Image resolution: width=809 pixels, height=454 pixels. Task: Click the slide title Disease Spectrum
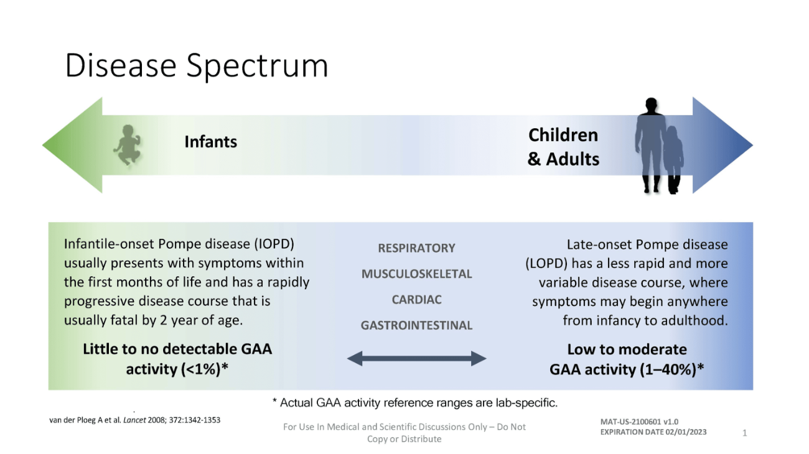[x=197, y=66]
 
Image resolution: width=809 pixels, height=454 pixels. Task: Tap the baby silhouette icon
[x=127, y=145]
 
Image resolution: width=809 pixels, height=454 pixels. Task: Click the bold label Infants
[x=210, y=141]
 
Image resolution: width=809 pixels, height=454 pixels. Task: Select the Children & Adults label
[x=563, y=147]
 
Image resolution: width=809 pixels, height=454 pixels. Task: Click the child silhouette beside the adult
[x=673, y=159]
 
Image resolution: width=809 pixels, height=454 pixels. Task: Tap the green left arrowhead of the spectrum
[x=72, y=145]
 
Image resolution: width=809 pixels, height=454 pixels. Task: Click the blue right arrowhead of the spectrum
[x=722, y=145]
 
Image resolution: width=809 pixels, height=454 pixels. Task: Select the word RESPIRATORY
[x=416, y=248]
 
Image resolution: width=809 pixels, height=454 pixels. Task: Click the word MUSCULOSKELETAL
[x=416, y=274]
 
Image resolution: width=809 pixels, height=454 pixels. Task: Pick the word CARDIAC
[x=416, y=300]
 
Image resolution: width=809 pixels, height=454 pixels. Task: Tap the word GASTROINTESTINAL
[x=416, y=325]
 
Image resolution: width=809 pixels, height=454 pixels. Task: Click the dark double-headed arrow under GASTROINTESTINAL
[x=416, y=358]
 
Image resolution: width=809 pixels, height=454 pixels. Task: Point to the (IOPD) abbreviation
[x=274, y=244]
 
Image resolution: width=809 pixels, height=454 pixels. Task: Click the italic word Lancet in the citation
[x=134, y=420]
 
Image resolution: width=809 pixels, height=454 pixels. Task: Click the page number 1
[x=744, y=433]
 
